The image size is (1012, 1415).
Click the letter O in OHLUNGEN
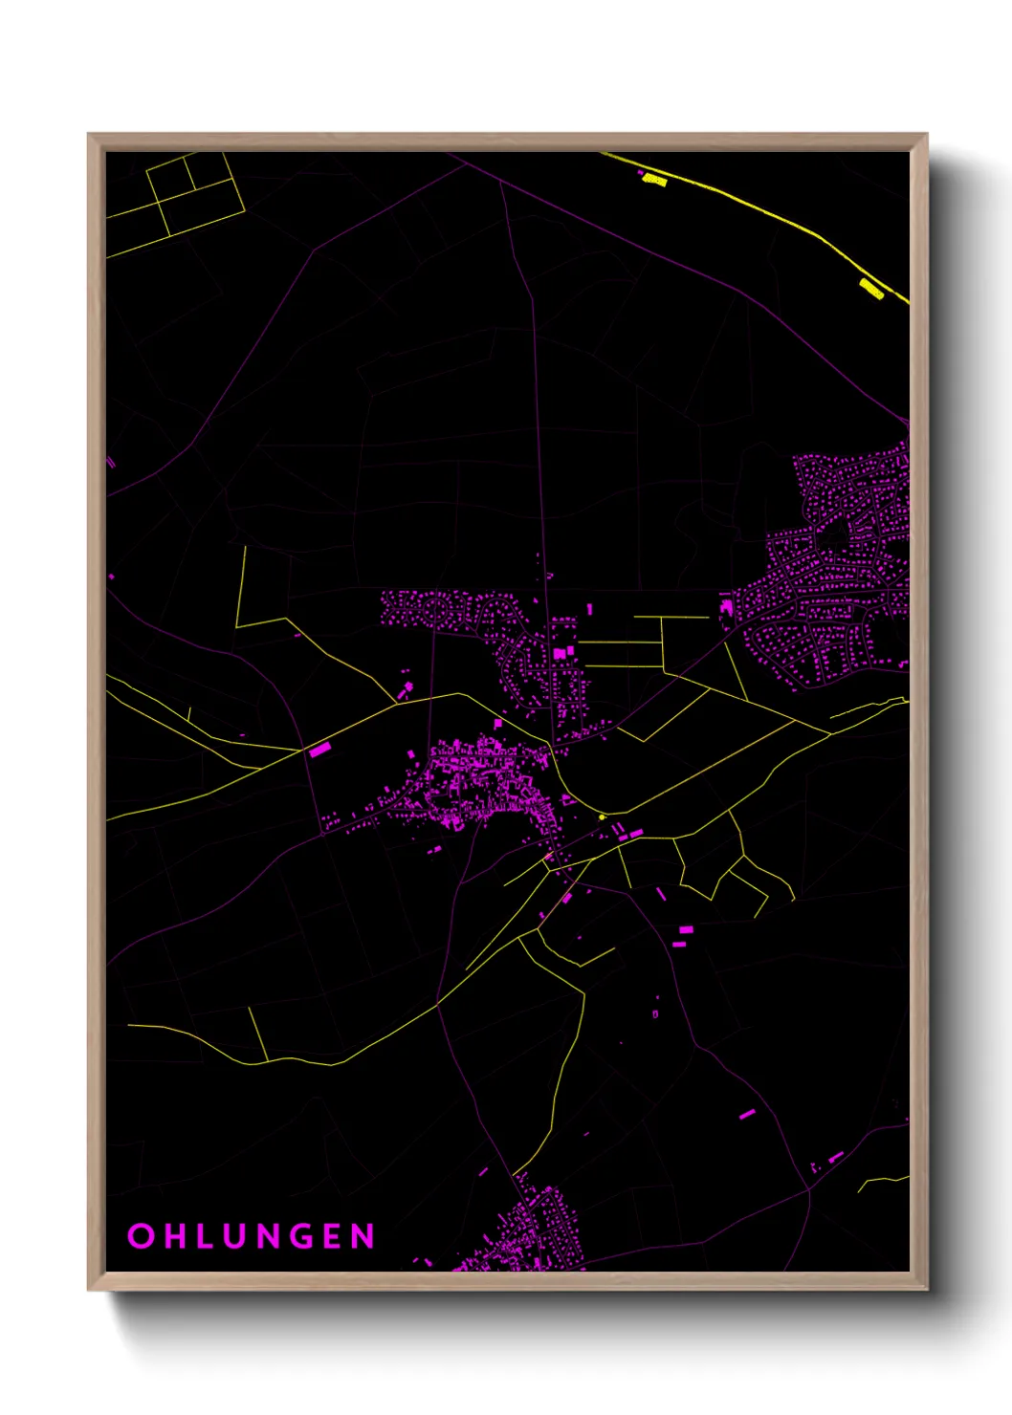click(141, 1235)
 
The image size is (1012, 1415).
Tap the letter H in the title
click(175, 1235)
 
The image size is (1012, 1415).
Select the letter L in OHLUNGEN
click(206, 1235)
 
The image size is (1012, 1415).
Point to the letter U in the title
click(239, 1235)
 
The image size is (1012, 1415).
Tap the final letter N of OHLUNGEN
click(363, 1235)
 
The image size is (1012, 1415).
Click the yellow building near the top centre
click(654, 178)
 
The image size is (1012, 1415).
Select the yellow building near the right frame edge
click(870, 288)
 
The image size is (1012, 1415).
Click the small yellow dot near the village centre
click(602, 816)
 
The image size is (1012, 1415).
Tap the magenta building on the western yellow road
click(319, 751)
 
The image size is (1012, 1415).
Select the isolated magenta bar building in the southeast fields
click(747, 1114)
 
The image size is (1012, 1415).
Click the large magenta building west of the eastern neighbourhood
click(726, 607)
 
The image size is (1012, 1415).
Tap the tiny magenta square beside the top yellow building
click(640, 173)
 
